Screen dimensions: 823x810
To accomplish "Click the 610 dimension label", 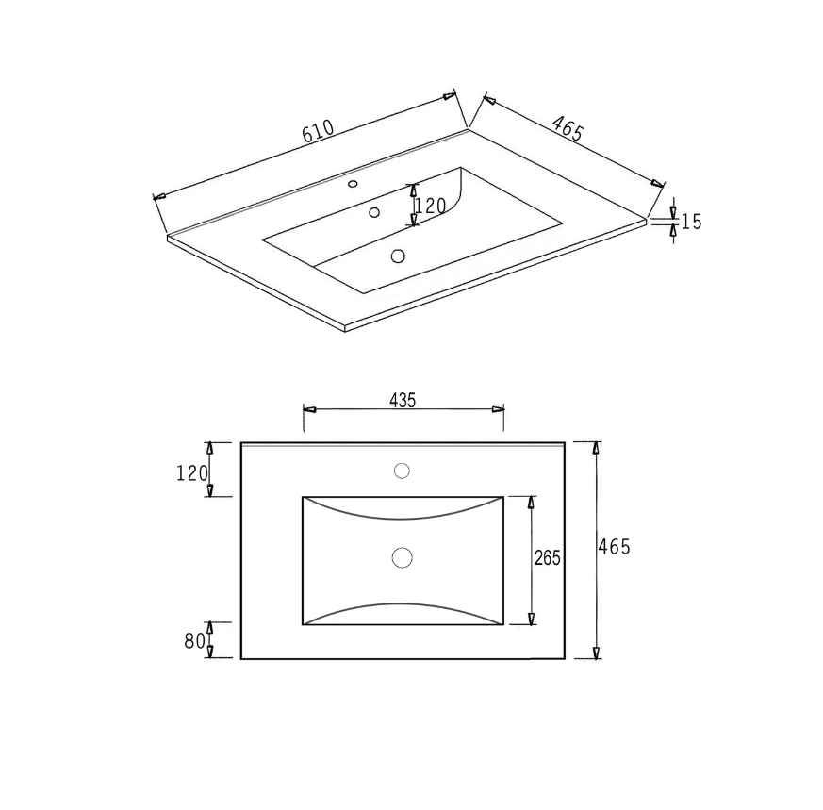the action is (x=318, y=131).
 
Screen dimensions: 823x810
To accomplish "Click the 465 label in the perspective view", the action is (x=568, y=128).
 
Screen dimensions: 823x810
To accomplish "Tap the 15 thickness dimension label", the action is (x=691, y=222).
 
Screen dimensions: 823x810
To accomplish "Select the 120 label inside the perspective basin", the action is (x=431, y=206).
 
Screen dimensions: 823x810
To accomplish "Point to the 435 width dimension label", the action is (x=403, y=401).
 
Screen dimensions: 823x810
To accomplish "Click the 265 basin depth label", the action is (x=548, y=557).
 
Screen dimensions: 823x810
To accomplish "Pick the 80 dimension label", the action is (x=194, y=640).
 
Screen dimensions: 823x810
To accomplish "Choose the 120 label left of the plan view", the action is (x=192, y=473).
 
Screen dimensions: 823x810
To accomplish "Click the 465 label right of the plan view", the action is (x=614, y=547).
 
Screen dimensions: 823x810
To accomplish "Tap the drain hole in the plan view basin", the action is (x=402, y=557).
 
